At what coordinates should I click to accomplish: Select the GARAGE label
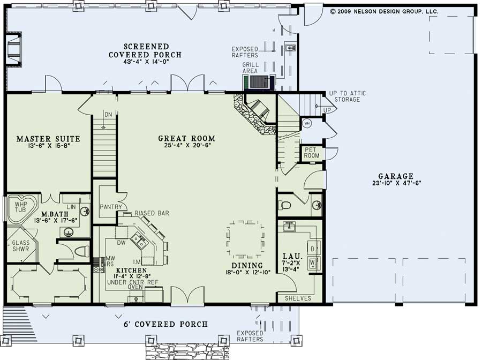pyautogui.click(x=395, y=176)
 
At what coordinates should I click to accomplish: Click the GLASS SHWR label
pyautogui.click(x=21, y=246)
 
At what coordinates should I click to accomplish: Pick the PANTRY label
pyautogui.click(x=112, y=207)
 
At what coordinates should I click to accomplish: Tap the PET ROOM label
pyautogui.click(x=312, y=153)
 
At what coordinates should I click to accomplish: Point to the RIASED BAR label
pyautogui.click(x=152, y=213)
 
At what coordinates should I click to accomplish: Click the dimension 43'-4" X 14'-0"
pyautogui.click(x=145, y=63)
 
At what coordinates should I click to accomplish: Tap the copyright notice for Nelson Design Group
pyautogui.click(x=384, y=11)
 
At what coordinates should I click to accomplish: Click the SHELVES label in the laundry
pyautogui.click(x=298, y=298)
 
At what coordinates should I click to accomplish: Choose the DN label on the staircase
pyautogui.click(x=108, y=115)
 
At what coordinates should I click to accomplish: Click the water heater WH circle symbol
pyautogui.click(x=307, y=124)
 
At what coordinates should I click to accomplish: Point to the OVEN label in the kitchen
pyautogui.click(x=135, y=287)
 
